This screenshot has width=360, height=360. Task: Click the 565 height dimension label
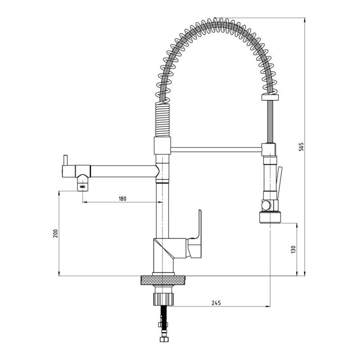[x=301, y=147]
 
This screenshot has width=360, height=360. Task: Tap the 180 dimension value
[x=122, y=198]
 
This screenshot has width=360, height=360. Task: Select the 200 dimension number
[x=55, y=233]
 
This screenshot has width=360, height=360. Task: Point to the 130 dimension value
[x=293, y=249]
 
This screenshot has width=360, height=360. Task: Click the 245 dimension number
[x=216, y=303]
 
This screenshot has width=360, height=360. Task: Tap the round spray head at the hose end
[x=270, y=217]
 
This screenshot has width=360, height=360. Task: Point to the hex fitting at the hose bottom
[x=163, y=339]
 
